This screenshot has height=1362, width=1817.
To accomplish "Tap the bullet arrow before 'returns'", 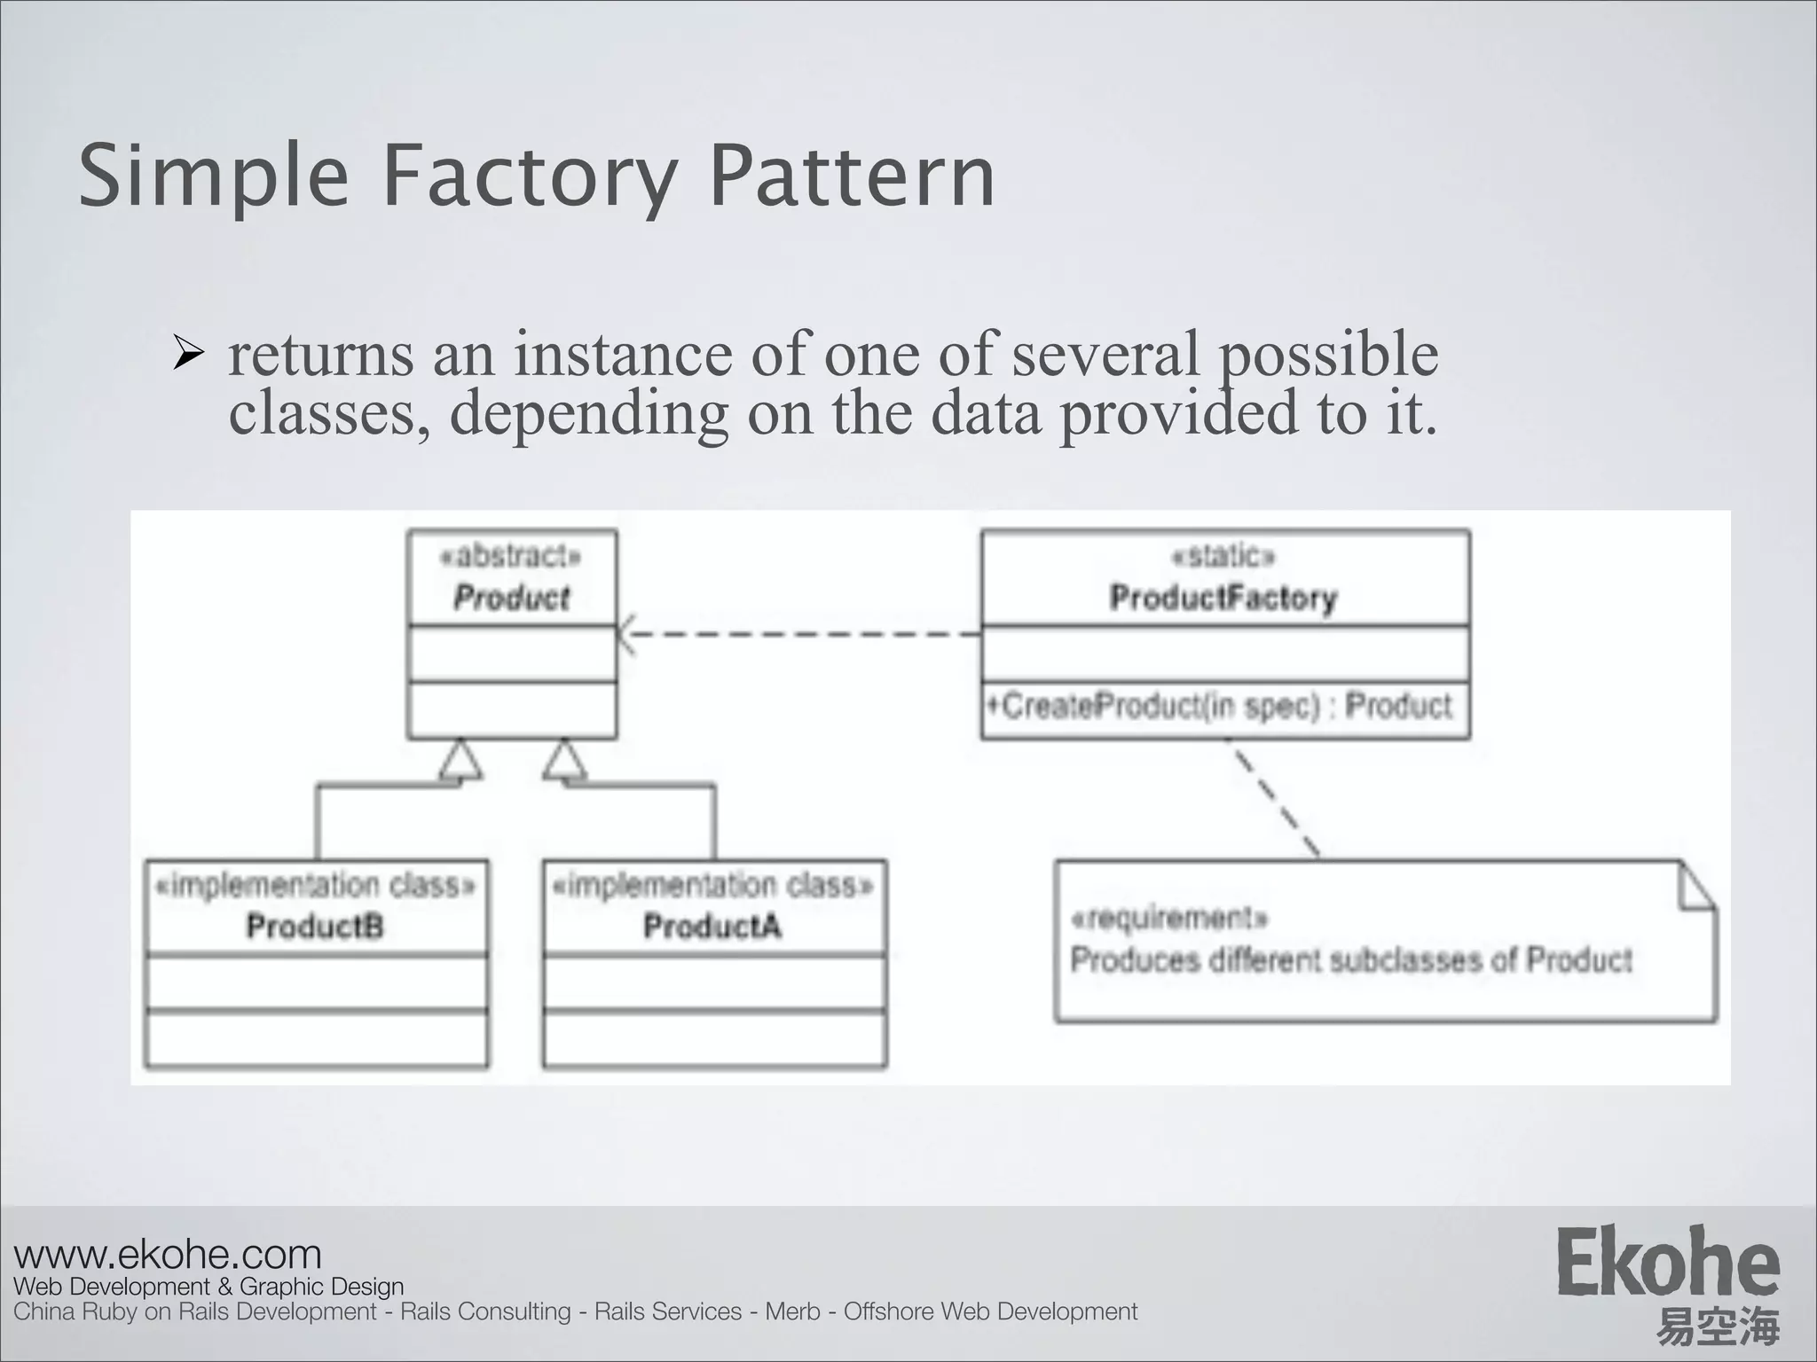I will coord(188,355).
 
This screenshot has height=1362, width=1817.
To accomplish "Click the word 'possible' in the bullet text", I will coord(1328,355).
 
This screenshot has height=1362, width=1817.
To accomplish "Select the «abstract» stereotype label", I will coord(511,557).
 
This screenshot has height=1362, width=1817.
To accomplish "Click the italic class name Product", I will coord(511,598).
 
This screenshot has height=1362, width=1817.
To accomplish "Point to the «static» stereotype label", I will coord(1223,557).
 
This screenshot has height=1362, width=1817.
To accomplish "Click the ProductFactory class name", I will coord(1223,599).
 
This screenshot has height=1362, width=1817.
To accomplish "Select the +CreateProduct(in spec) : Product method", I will coord(1220,707).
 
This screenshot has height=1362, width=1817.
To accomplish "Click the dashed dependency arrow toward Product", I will coord(798,634).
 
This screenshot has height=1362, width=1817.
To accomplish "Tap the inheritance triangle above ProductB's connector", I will coord(461,761).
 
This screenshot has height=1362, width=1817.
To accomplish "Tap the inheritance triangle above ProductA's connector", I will coord(565,761).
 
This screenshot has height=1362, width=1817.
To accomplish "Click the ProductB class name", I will coord(315,927).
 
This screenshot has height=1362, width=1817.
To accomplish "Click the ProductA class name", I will coord(712,927).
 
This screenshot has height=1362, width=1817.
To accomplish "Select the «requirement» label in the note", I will coord(1169,918).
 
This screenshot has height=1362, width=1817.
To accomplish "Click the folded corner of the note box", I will coord(1696,887).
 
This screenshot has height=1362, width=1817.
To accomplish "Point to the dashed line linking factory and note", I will coord(1275,798).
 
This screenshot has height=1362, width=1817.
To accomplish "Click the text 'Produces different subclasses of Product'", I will coord(1350,960).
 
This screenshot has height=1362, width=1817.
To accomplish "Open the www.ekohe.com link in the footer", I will coord(168,1255).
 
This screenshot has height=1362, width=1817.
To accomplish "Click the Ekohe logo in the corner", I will coord(1667,1263).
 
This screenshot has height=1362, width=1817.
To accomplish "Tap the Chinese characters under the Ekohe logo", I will coord(1718,1327).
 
